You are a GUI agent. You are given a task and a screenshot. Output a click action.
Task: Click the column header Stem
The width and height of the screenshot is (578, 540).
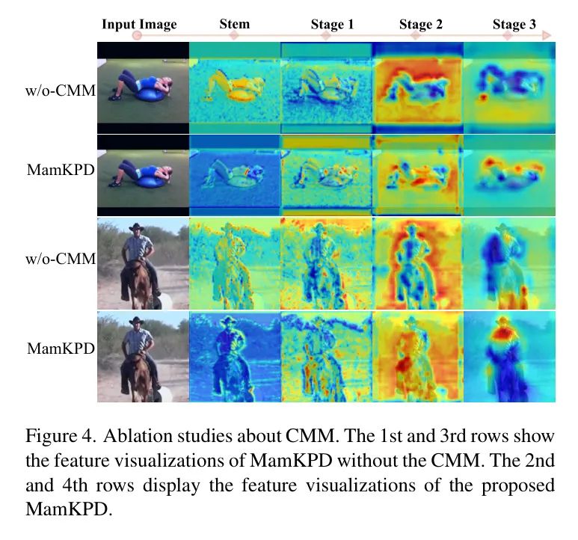[234, 24]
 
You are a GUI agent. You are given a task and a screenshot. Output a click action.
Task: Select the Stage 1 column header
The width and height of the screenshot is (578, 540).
[332, 25]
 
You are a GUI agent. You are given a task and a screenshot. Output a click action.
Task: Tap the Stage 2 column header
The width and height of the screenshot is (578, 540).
[420, 25]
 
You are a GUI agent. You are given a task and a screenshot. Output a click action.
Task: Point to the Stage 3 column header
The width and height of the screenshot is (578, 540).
[514, 25]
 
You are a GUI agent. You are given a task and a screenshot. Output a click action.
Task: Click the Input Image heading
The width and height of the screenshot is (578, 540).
[139, 24]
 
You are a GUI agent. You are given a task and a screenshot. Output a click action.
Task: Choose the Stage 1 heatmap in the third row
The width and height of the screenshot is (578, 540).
[326, 263]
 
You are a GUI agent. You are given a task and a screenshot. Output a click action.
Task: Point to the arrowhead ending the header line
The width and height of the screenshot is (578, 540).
[548, 35]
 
